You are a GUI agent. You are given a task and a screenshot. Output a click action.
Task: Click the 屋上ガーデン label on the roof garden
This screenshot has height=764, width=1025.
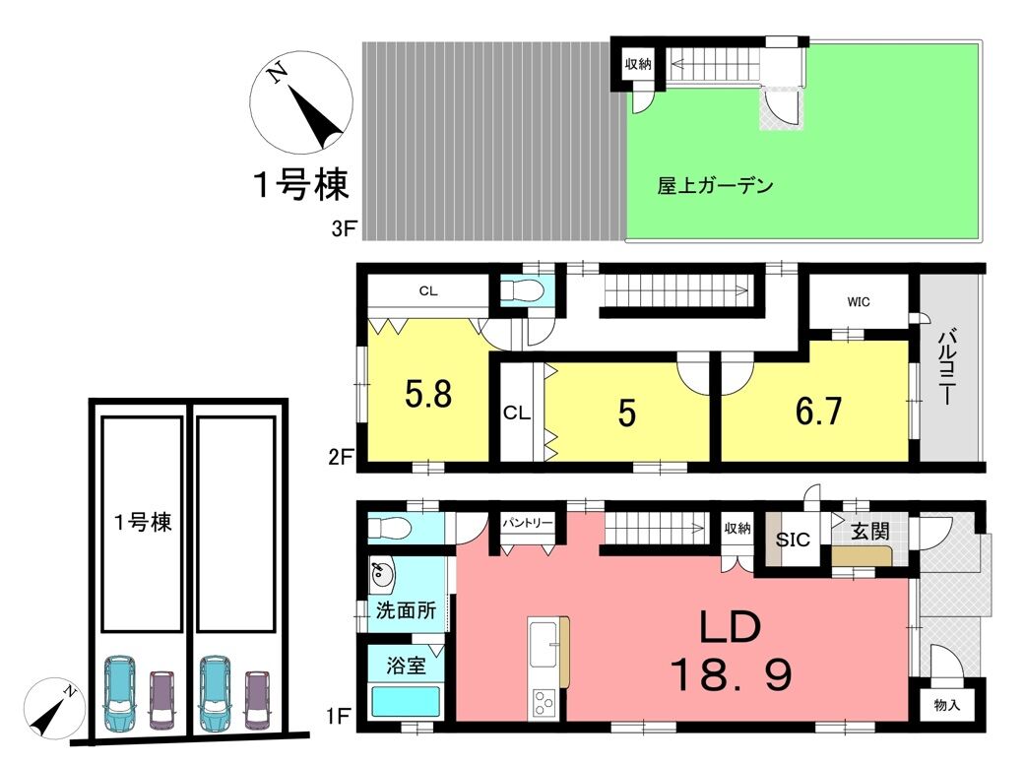point(715,186)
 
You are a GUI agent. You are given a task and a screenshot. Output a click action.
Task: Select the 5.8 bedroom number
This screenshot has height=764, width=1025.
point(428,394)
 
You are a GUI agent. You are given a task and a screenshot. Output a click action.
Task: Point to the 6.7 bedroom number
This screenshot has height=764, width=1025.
point(818,412)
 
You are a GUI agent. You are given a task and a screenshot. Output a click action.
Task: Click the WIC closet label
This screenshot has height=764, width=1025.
point(859,302)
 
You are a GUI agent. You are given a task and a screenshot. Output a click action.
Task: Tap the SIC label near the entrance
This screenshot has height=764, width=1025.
point(793,540)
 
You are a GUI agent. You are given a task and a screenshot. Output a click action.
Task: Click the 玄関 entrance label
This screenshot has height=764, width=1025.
point(870,532)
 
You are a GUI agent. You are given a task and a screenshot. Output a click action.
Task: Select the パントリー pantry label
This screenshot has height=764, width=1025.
point(528,523)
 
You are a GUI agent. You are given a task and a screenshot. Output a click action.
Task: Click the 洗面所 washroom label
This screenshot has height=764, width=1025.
point(406,610)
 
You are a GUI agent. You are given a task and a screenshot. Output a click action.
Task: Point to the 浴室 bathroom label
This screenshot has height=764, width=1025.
point(406,666)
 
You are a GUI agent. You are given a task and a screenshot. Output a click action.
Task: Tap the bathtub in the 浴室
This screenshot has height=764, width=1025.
point(405,702)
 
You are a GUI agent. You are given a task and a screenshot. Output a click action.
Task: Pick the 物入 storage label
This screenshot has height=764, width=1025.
point(946,705)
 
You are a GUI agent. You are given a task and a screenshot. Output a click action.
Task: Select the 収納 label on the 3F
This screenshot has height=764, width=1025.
point(638,64)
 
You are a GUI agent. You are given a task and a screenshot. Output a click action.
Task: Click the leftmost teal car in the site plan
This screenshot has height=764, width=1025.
point(120,693)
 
